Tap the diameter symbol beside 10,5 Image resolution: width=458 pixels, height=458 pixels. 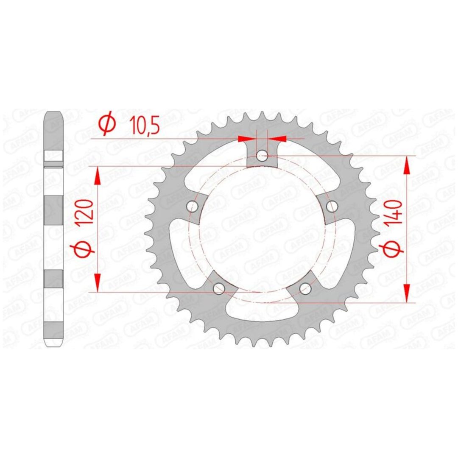[x=107, y=124]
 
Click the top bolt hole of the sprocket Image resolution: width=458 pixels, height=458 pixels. [x=261, y=155]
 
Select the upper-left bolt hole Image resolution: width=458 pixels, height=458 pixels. [x=192, y=207]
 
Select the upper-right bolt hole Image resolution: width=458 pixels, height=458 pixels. [x=332, y=207]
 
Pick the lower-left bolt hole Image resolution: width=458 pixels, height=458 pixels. [x=219, y=289]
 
